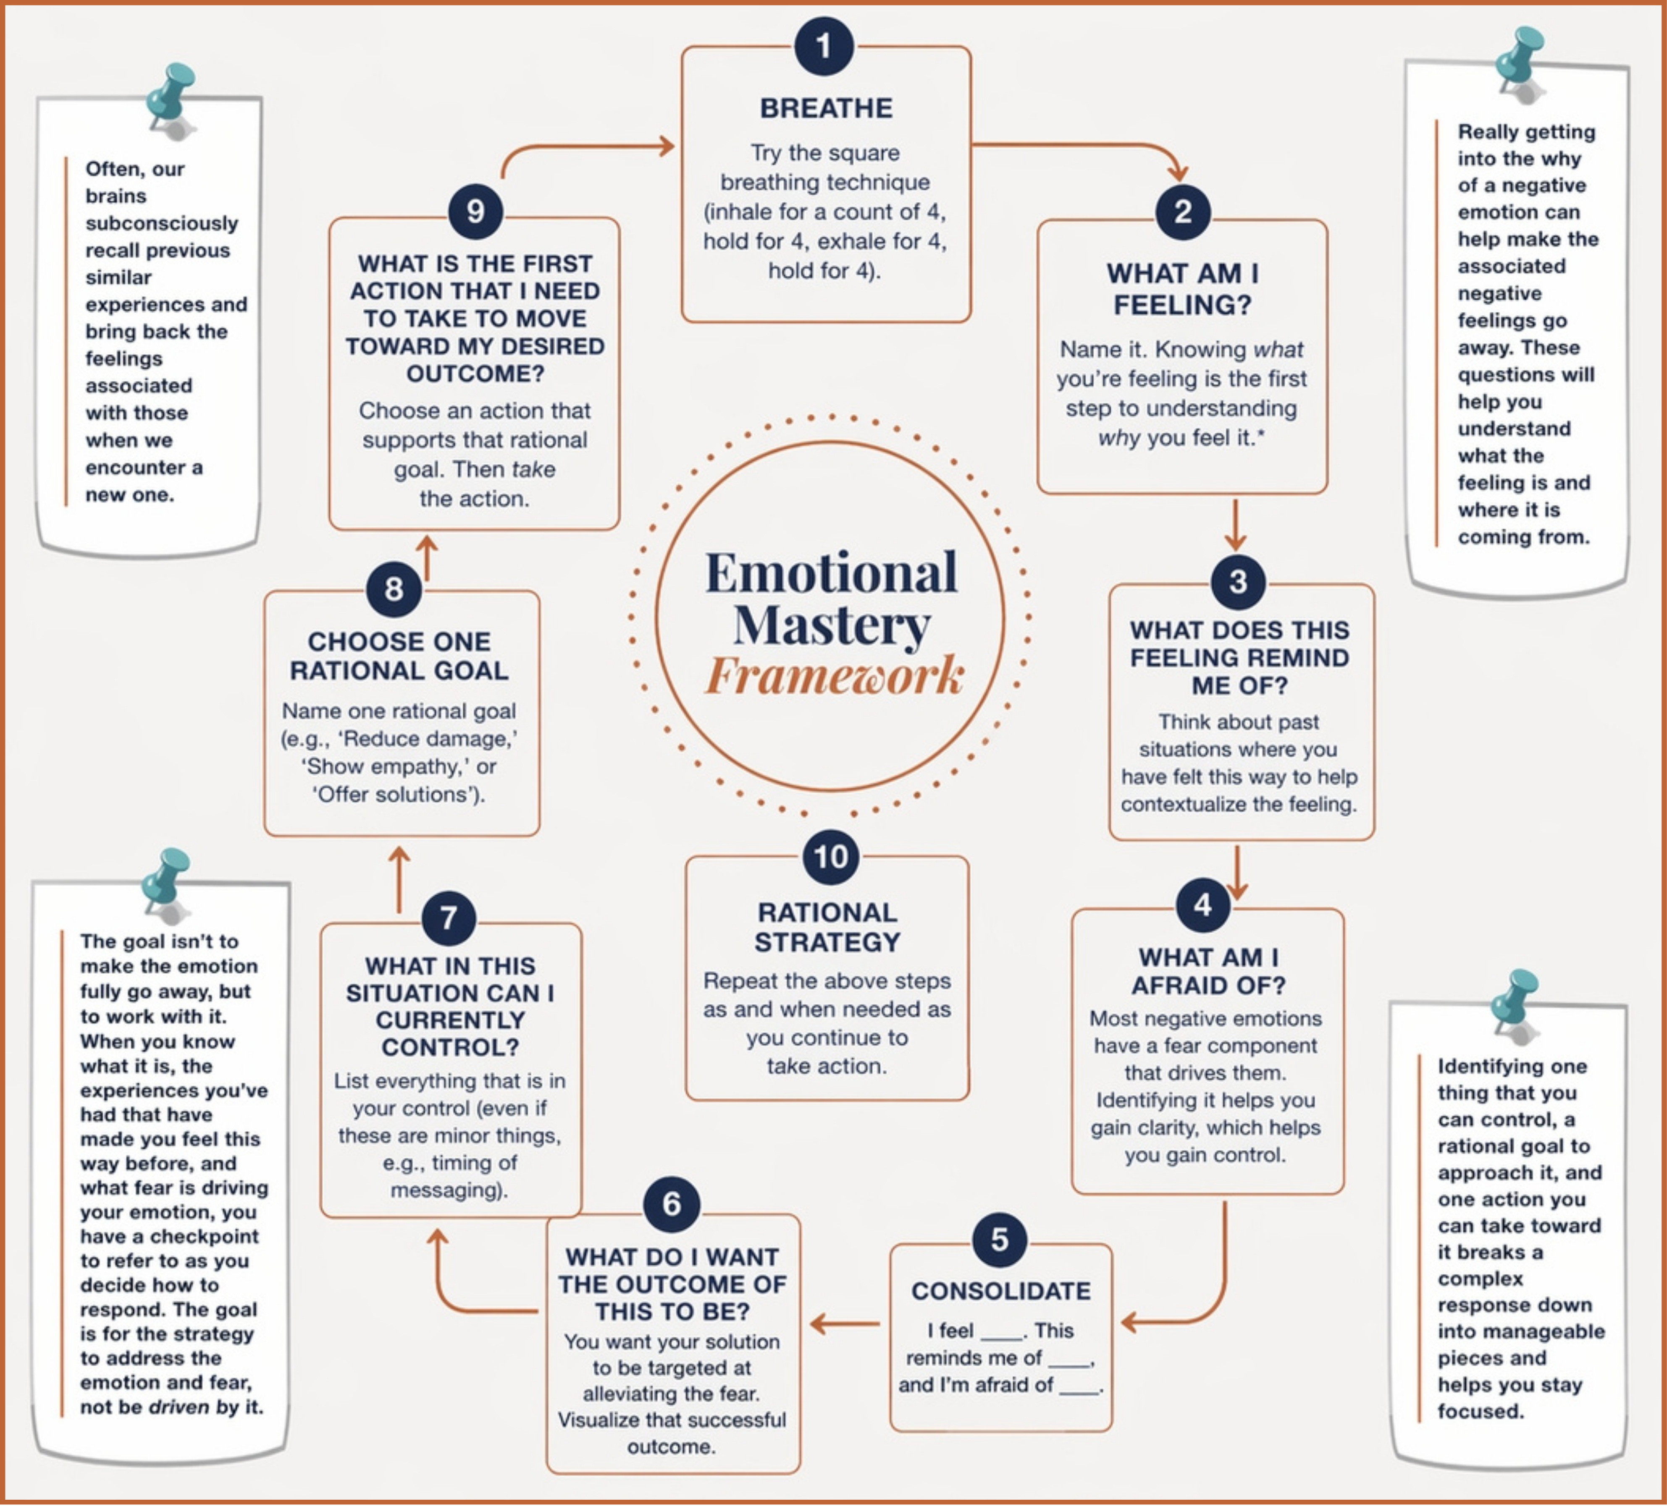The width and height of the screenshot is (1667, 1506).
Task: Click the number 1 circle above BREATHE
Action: (x=824, y=46)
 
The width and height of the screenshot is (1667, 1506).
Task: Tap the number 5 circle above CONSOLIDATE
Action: (x=1000, y=1239)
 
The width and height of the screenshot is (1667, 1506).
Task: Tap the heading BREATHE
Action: (x=826, y=108)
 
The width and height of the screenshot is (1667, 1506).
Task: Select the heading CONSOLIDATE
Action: (x=1000, y=1291)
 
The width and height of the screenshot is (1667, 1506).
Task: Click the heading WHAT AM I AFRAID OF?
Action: (x=1208, y=971)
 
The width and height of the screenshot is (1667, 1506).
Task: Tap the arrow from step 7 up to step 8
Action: (x=399, y=879)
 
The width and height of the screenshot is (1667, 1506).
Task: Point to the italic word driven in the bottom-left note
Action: (x=179, y=1407)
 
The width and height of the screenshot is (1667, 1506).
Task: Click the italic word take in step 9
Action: (x=533, y=470)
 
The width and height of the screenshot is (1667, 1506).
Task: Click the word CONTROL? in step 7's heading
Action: (x=450, y=1047)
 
